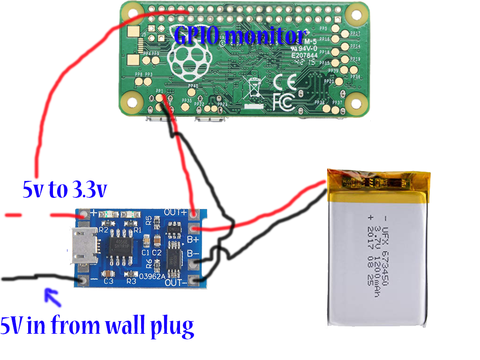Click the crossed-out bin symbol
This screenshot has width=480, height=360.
254,88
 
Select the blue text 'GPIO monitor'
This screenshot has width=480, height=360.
240,36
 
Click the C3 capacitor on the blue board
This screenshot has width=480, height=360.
108,275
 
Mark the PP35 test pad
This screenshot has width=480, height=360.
186,107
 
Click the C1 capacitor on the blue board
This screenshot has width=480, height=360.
147,241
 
